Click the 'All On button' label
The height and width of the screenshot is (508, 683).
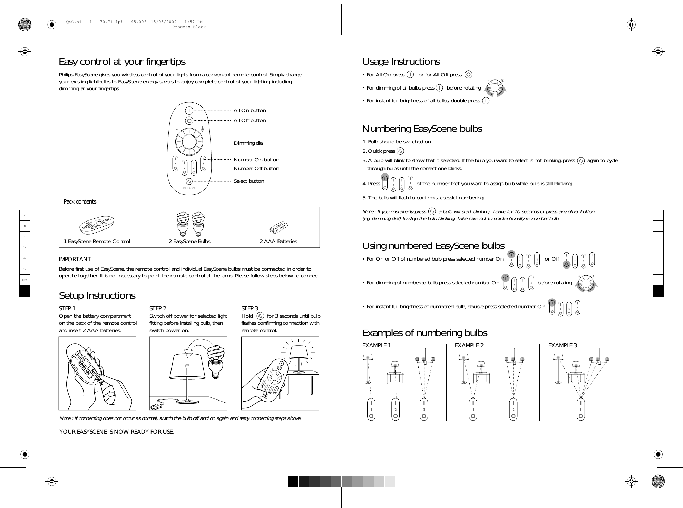coord(250,110)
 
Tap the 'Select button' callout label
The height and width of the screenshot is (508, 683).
coord(248,181)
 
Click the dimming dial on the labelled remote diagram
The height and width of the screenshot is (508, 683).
coord(189,142)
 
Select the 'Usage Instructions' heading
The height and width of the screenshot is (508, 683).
coord(401,62)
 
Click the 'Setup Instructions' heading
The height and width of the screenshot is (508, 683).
coord(97,295)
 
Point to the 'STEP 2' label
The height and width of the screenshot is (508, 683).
coord(158,308)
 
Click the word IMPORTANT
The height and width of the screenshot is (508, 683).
coord(75,259)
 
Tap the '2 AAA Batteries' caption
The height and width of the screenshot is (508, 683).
coord(278,241)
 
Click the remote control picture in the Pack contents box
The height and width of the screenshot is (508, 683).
coord(97,224)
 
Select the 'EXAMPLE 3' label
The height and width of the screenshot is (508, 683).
coord(562,345)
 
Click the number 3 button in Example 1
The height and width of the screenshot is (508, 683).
coord(424,410)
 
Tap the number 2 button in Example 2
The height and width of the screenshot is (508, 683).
coord(513,410)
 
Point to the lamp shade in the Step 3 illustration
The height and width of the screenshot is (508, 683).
coord(299,353)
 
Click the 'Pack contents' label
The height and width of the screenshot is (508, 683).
coord(80,201)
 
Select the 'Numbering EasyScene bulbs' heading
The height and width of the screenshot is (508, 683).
coord(422,129)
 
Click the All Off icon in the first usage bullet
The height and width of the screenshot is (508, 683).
coord(468,75)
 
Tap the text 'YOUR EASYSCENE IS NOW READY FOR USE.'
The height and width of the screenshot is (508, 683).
coord(116,432)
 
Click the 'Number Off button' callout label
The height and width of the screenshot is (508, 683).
coord(256,168)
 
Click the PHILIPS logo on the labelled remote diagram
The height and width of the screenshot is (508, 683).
coord(189,188)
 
